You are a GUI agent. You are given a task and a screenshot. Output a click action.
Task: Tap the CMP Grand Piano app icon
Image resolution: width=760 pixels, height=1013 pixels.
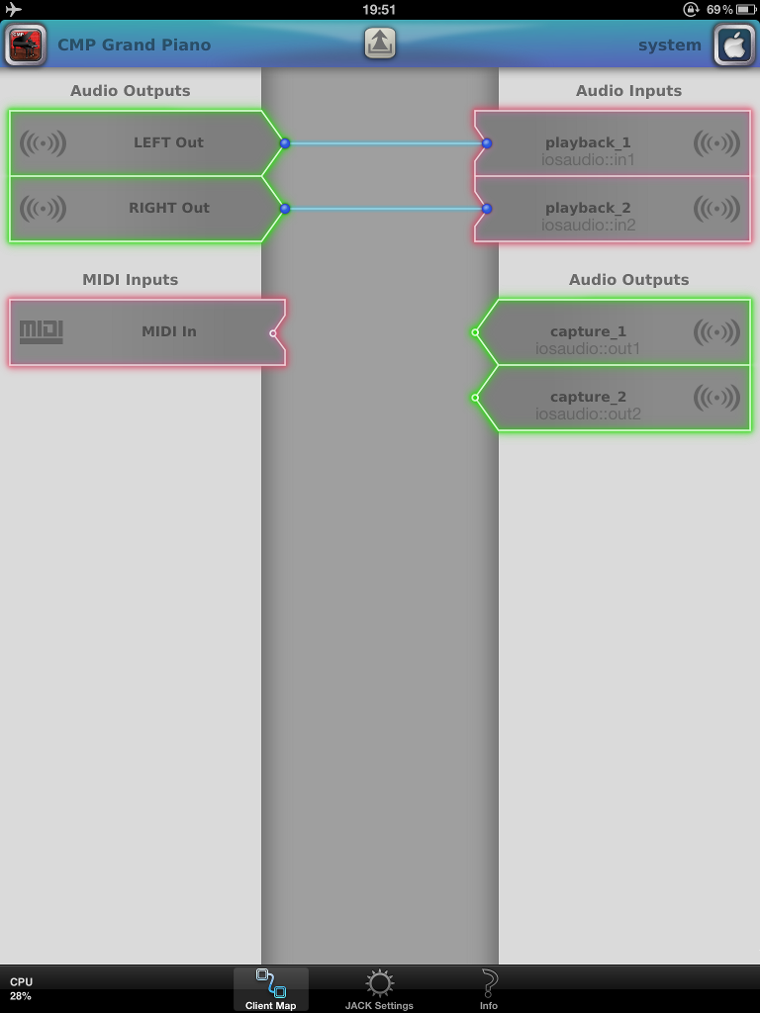click(25, 45)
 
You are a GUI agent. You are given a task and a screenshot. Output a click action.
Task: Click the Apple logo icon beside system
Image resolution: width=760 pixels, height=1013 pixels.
click(734, 46)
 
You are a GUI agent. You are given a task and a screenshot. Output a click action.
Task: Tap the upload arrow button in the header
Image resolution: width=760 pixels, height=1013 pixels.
click(380, 44)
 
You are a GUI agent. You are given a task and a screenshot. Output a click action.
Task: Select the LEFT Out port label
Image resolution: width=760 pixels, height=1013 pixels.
click(168, 142)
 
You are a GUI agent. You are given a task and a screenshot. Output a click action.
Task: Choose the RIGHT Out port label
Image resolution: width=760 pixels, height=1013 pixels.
click(168, 208)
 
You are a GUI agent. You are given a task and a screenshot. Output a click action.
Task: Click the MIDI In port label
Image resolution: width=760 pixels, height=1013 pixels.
click(168, 331)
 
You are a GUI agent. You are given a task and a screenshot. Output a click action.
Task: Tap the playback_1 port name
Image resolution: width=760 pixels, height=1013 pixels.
click(588, 143)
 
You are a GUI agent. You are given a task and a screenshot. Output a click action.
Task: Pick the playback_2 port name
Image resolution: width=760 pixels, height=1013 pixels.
click(588, 209)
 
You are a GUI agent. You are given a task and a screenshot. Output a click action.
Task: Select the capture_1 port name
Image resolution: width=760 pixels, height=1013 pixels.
click(588, 332)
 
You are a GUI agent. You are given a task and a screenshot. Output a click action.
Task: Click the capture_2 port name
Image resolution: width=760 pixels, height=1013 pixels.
click(588, 398)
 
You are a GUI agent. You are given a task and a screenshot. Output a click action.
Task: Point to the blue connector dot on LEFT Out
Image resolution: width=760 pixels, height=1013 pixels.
click(285, 143)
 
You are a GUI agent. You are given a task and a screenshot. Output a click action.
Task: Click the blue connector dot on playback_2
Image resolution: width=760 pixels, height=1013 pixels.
click(487, 209)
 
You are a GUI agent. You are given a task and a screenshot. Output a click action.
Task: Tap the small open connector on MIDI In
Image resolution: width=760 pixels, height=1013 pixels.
click(274, 333)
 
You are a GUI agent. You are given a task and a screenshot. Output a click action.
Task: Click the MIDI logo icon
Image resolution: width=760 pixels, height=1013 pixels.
click(42, 331)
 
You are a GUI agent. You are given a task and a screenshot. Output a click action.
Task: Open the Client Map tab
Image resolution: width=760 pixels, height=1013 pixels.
click(270, 989)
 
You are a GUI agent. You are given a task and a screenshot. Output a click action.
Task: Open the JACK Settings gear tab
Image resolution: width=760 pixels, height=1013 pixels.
click(379, 989)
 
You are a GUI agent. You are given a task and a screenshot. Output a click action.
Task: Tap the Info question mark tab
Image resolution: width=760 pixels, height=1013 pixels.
click(489, 989)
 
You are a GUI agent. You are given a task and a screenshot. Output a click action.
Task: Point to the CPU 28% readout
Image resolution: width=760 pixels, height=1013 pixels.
click(21, 988)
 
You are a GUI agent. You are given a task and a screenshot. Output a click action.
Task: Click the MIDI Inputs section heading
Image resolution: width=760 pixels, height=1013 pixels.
click(131, 280)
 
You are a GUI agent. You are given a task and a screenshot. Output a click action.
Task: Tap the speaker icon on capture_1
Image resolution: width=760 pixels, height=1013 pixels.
click(716, 332)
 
